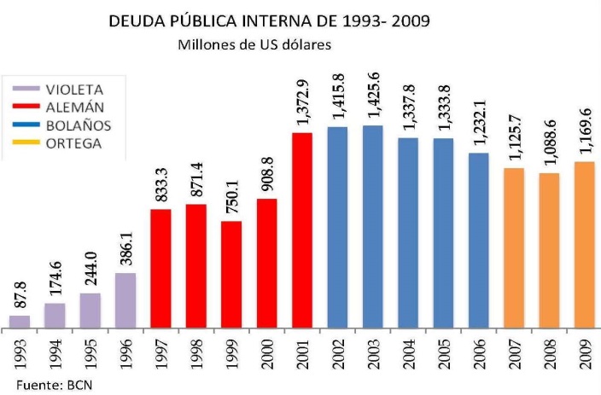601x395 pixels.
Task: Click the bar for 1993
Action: [x=20, y=322]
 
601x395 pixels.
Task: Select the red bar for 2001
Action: [x=302, y=230]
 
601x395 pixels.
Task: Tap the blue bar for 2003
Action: [x=372, y=227]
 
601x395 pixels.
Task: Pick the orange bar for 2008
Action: [x=549, y=251]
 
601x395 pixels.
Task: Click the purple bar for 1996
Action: [x=125, y=300]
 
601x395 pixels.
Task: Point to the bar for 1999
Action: [x=231, y=275]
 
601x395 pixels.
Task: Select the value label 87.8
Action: [x=20, y=296]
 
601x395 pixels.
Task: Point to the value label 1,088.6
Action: [x=549, y=146]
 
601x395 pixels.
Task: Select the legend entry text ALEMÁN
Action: [x=78, y=107]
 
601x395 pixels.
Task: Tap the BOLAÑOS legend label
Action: [x=79, y=125]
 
